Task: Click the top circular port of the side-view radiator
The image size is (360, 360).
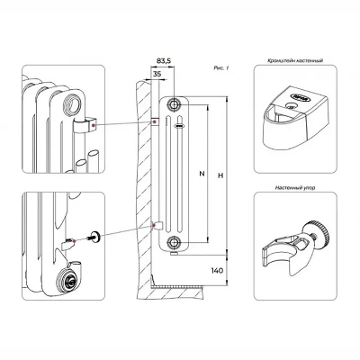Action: point(173,104)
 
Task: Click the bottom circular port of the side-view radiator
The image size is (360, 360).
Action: point(172,242)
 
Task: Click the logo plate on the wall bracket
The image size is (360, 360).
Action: point(293,93)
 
